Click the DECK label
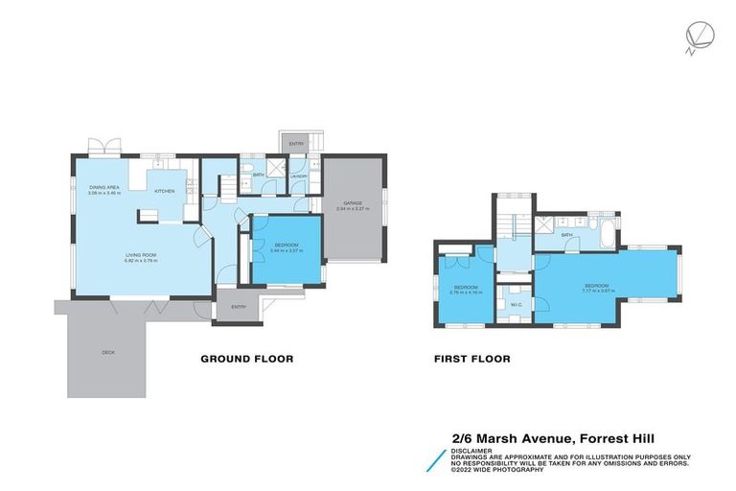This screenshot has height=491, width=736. click(107, 353)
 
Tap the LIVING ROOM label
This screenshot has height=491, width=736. click(141, 255)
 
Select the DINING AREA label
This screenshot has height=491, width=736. click(104, 187)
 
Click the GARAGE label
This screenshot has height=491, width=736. click(354, 202)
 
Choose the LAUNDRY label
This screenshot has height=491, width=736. click(298, 176)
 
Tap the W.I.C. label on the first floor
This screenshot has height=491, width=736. click(516, 305)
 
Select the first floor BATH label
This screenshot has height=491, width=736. click(566, 235)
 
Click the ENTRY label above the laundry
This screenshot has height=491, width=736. click(296, 144)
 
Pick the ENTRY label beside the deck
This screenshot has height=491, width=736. click(238, 307)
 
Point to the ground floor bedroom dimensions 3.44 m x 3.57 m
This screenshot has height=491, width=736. click(287, 252)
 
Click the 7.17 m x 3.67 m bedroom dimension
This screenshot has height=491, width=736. click(597, 291)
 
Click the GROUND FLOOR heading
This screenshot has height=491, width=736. click(246, 359)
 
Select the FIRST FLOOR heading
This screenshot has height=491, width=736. click(471, 359)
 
